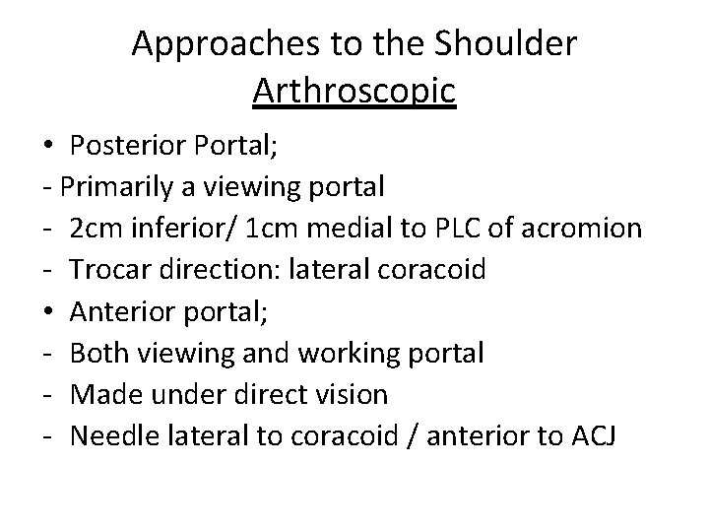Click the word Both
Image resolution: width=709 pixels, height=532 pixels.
pos(96,352)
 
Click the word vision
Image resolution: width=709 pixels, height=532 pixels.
pos(352,394)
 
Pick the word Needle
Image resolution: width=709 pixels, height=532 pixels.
pos(110,435)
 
